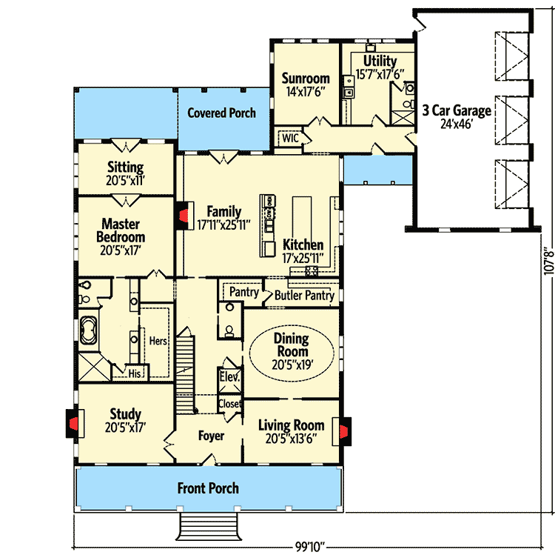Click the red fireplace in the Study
(73, 423)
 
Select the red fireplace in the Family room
(183, 216)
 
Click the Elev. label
(229, 376)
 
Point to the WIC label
(290, 138)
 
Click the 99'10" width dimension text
(310, 547)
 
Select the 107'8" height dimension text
(548, 261)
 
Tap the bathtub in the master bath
(88, 330)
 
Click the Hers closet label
(158, 341)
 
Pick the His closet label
(135, 373)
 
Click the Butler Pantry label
(304, 295)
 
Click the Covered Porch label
(221, 113)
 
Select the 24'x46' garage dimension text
(457, 124)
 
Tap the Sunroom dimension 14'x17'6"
(306, 92)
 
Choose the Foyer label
(211, 436)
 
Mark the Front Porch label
(208, 488)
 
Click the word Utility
(380, 61)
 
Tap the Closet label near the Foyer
(230, 403)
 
